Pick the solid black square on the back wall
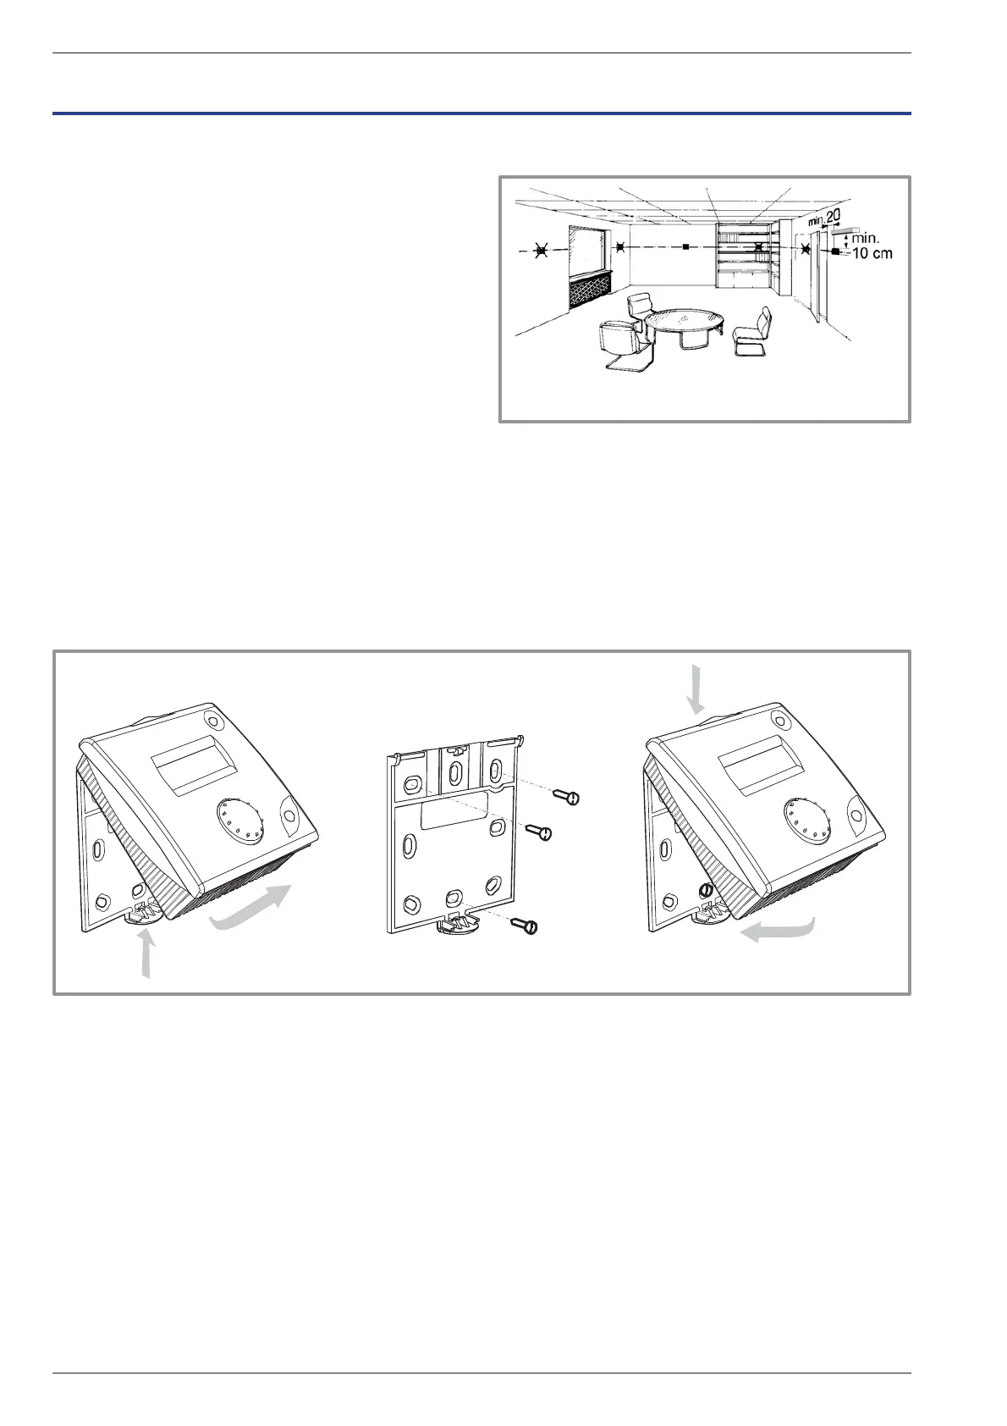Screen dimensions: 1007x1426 685,248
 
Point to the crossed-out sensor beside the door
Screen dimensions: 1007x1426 805,249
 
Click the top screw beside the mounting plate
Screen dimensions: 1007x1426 567,796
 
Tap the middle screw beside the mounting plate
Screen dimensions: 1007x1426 538,832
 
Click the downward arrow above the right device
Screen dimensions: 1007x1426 696,688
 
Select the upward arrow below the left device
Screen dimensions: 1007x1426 148,954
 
